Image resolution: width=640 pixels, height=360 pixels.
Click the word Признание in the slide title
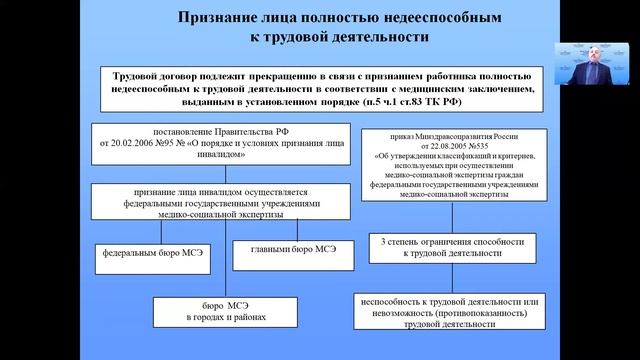pos(218,18)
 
